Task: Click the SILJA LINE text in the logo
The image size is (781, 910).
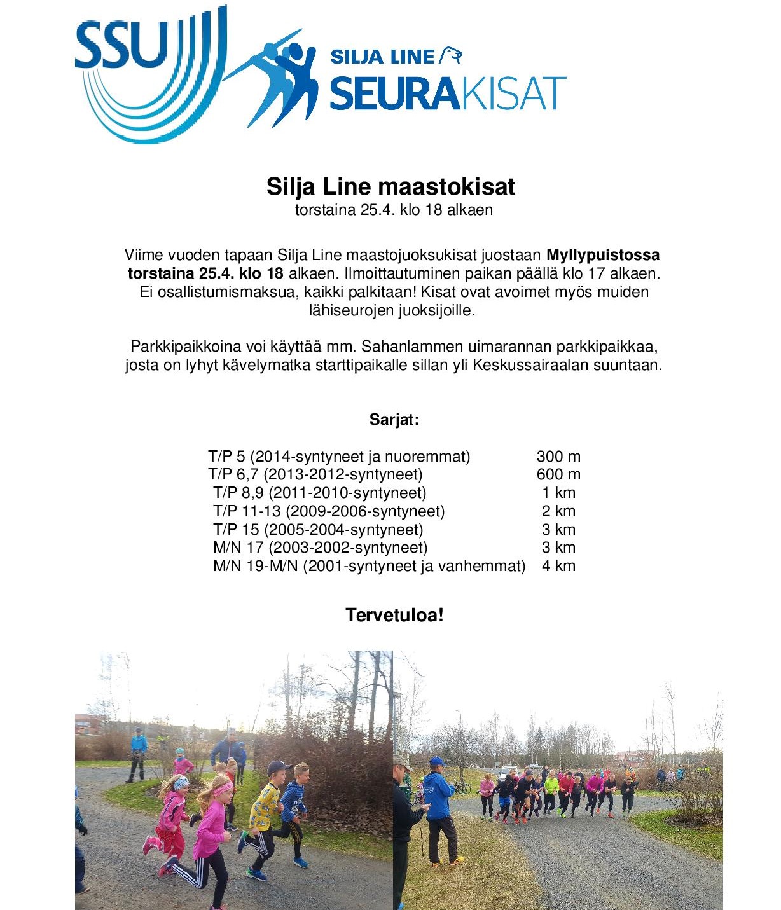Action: [382, 57]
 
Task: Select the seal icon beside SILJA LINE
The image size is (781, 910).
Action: [451, 55]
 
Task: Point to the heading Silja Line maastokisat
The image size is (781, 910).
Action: [390, 187]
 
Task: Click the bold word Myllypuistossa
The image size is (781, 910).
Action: [603, 255]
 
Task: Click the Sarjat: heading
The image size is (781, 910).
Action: [394, 420]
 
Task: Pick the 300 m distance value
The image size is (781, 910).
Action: [558, 457]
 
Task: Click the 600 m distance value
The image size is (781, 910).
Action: [558, 474]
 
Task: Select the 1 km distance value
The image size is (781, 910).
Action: [558, 493]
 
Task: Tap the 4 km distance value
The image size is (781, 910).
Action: [558, 566]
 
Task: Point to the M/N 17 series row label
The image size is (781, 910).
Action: [238, 548]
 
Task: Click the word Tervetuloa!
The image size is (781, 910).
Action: [394, 615]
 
